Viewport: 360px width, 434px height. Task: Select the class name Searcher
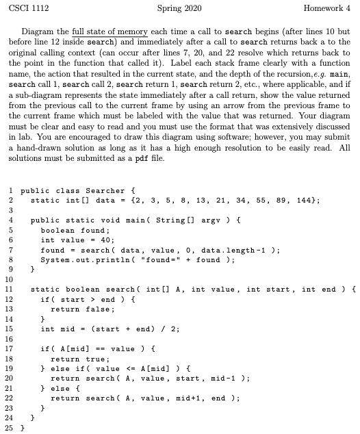94,190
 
